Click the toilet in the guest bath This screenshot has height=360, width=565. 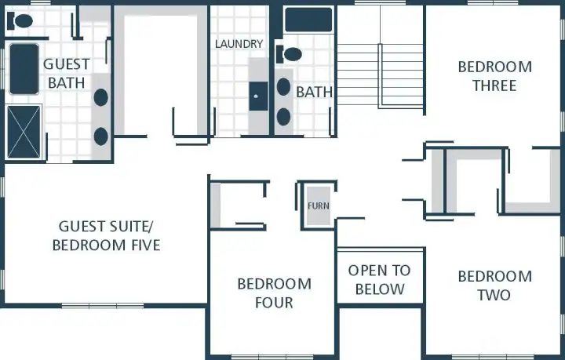22,21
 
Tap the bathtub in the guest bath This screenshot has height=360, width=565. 24,69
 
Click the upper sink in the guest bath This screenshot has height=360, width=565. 101,97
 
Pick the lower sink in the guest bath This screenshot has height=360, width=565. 101,136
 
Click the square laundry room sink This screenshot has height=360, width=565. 258,96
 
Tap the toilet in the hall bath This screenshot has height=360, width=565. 290,54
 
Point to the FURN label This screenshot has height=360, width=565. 318,206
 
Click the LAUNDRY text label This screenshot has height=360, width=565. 239,44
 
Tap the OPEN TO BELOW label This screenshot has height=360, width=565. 380,279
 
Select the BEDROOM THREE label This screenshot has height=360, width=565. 494,76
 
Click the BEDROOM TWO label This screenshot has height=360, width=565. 494,285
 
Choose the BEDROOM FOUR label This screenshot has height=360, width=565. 274,293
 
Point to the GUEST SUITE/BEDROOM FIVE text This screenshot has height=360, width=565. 106,236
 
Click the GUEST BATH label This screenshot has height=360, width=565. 66,73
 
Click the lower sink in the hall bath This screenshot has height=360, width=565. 284,117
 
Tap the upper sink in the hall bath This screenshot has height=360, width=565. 284,86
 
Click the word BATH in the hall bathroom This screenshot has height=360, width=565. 314,93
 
